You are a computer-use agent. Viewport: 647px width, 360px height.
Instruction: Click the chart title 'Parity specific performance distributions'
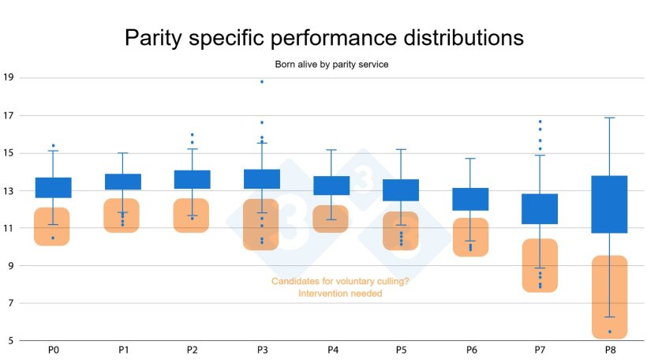pos(323,37)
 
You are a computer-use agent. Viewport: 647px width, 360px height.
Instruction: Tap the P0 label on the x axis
pos(52,349)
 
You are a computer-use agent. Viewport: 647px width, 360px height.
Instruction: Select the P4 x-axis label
pos(331,349)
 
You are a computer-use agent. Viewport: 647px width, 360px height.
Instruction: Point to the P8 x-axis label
pos(610,349)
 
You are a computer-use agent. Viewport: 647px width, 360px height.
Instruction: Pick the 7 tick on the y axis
pos(9,303)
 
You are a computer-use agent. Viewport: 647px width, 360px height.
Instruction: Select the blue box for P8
pos(610,204)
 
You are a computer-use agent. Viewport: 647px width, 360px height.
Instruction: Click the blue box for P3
pos(261,179)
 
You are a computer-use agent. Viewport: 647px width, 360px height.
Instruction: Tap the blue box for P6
pos(470,199)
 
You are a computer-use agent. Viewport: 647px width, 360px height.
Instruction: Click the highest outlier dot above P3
pos(262,82)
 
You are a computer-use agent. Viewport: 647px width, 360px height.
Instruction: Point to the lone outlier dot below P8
pos(610,332)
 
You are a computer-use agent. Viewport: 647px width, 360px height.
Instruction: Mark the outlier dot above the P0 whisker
pos(53,146)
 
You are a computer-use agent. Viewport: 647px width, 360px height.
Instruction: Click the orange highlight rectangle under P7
pos(540,265)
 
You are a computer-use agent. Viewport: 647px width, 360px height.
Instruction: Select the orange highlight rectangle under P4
pos(331,219)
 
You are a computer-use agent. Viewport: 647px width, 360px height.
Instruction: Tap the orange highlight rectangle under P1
pos(122,216)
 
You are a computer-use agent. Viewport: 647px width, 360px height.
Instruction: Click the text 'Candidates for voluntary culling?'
pos(340,282)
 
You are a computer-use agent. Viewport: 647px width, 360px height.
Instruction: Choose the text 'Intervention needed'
pos(340,294)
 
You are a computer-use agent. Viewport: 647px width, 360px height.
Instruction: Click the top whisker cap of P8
pos(610,118)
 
